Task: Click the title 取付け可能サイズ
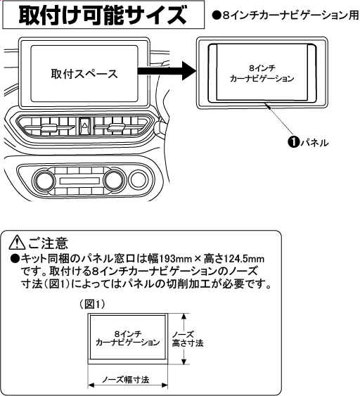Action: pyautogui.click(x=103, y=15)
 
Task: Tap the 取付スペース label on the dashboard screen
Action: pyautogui.click(x=84, y=73)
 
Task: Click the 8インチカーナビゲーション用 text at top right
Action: pyautogui.click(x=285, y=15)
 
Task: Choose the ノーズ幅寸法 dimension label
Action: pyautogui.click(x=126, y=378)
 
